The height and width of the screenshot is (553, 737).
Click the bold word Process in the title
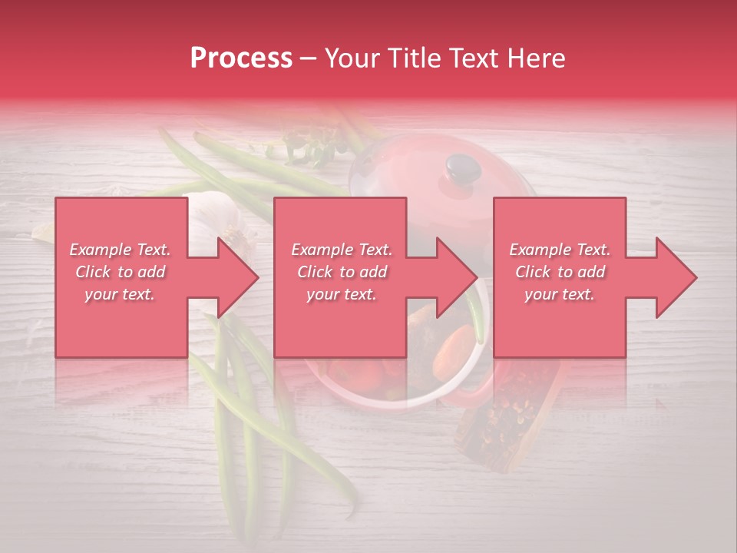241,58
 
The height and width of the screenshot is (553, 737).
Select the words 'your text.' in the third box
559,294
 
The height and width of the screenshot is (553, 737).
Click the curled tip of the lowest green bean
349,508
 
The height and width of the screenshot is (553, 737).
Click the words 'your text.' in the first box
120,294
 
